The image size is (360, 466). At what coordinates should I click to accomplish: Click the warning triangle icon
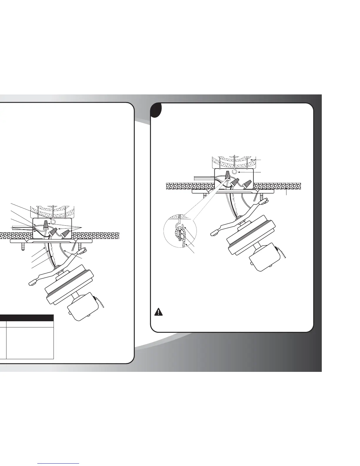pos(159,312)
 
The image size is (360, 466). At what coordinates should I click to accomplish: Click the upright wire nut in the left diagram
pos(45,225)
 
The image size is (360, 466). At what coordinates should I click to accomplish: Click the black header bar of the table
pos(26,318)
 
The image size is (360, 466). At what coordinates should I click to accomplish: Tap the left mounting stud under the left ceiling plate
pos(23,247)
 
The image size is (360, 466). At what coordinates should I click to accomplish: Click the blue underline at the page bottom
pos(59,463)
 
